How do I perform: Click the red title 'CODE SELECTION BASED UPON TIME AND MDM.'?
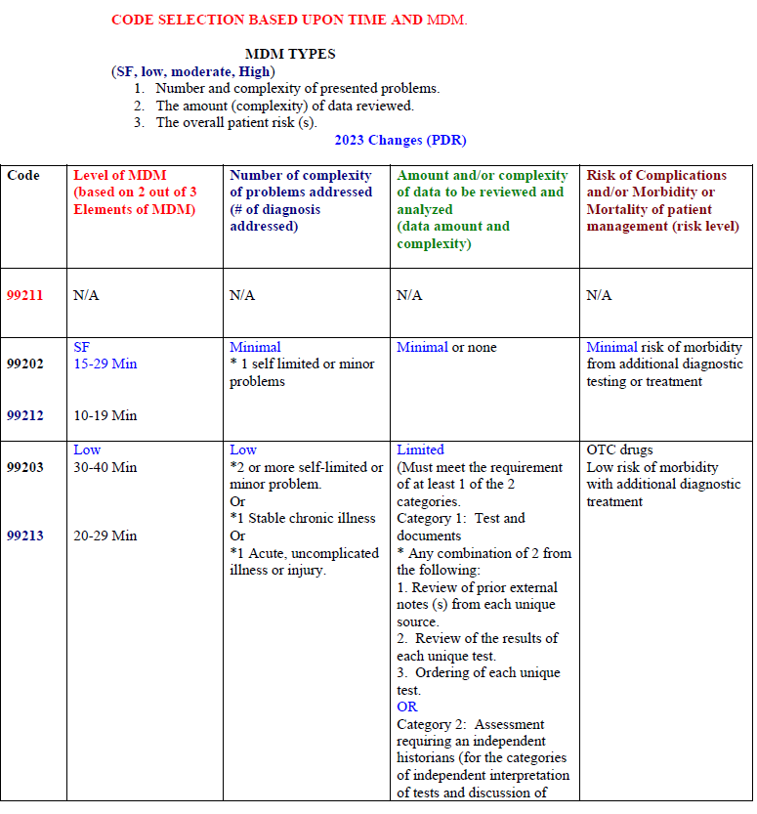click(289, 20)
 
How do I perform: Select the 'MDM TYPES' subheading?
click(289, 54)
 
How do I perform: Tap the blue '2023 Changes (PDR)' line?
click(393, 140)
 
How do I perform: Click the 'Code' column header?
click(23, 175)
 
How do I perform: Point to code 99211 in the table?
click(25, 295)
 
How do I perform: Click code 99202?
click(25, 364)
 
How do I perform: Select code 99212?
click(25, 415)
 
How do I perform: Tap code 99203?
click(25, 467)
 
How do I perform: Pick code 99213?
click(25, 536)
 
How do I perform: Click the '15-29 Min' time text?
click(105, 364)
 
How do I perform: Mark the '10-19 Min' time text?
click(105, 415)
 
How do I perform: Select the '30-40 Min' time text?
click(105, 467)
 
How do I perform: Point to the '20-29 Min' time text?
click(105, 536)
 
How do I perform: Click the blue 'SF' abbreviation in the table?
click(81, 347)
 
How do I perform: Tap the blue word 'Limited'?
click(420, 450)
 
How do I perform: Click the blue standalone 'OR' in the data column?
click(407, 707)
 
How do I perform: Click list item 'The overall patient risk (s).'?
click(236, 122)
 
